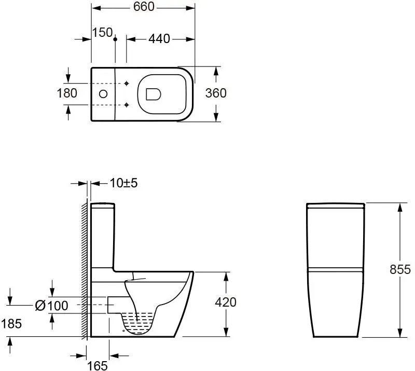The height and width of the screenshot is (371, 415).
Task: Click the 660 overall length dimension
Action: click(144, 7)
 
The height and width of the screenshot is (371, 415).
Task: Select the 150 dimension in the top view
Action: click(102, 33)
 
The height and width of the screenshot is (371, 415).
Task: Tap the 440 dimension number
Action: click(159, 39)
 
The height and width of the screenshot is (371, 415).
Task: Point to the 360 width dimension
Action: click(216, 93)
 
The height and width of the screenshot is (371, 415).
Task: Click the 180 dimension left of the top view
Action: click(67, 93)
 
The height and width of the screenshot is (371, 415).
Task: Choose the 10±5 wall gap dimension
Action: click(123, 183)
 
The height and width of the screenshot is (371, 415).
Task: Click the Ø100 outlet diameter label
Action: click(51, 306)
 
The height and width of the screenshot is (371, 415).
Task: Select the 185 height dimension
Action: click(11, 324)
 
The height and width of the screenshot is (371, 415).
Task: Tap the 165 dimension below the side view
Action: click(98, 366)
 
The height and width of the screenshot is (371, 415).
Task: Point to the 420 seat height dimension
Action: click(226, 303)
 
